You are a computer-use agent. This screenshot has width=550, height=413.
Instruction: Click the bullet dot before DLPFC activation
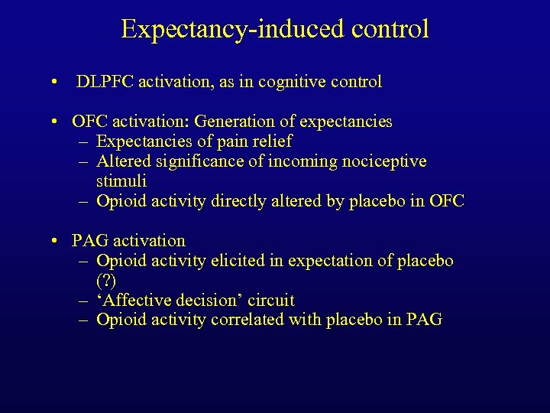tap(57, 83)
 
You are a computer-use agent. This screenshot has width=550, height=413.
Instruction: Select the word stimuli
tap(121, 181)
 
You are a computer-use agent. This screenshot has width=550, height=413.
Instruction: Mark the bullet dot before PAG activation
tap(57, 242)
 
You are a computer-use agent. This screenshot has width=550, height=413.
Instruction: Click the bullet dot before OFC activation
tap(57, 122)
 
